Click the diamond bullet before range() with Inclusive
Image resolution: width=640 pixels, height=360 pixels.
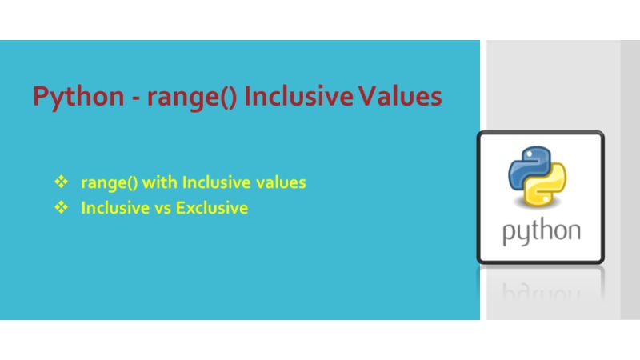click(x=59, y=182)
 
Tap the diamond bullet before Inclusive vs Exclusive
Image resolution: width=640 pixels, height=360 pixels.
click(x=59, y=208)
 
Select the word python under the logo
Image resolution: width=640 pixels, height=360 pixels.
click(x=541, y=233)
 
